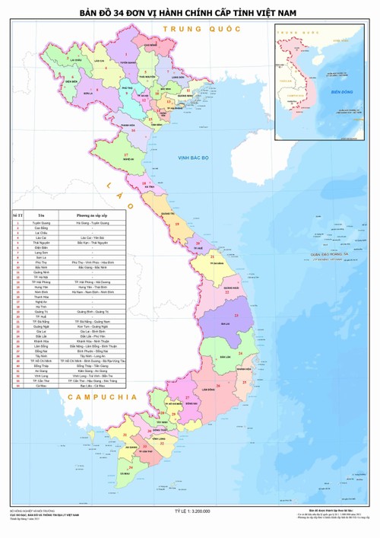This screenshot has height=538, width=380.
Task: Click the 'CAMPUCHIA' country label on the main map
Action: tap(101, 398)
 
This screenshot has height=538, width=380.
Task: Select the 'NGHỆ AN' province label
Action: tap(128, 160)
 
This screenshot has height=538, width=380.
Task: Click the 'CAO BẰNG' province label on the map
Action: tap(150, 46)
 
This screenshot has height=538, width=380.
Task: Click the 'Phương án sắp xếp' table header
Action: tap(91, 216)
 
